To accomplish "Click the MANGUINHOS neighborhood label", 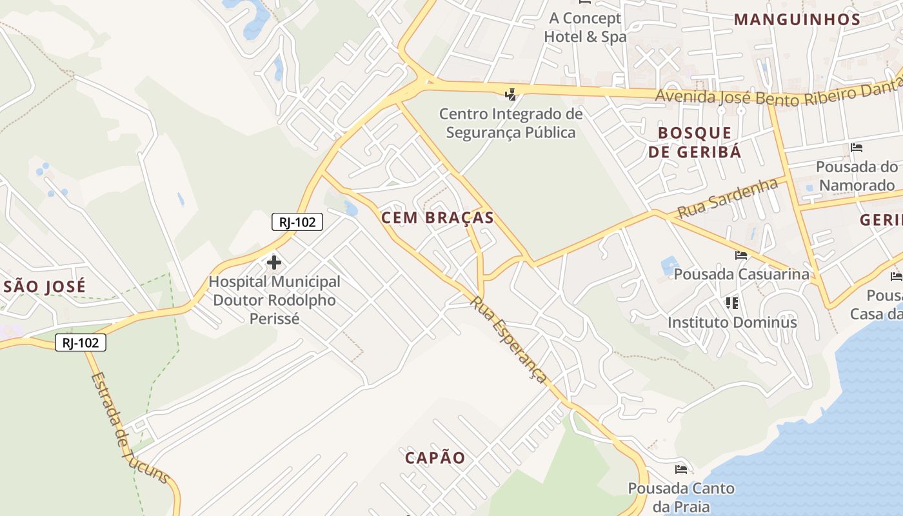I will pos(797,19).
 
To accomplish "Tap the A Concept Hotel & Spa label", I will pos(585,28).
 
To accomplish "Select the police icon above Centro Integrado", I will pos(511,95).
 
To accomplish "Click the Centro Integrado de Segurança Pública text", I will pos(511,123).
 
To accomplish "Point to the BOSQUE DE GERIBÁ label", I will pos(695,143).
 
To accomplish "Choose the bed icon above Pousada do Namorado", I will pos(857,148).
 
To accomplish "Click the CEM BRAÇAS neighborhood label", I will pos(437,218).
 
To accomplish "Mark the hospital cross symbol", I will pos(274,263).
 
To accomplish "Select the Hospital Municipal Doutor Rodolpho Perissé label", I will pos(274,300).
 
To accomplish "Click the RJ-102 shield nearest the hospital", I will pos(297,223).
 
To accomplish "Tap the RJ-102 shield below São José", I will pos(81,342).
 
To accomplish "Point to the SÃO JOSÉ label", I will pos(43,286).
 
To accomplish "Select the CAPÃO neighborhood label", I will pos(435,458).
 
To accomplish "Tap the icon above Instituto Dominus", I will pos(731,303).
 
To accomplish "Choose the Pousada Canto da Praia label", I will pos(681,497).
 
